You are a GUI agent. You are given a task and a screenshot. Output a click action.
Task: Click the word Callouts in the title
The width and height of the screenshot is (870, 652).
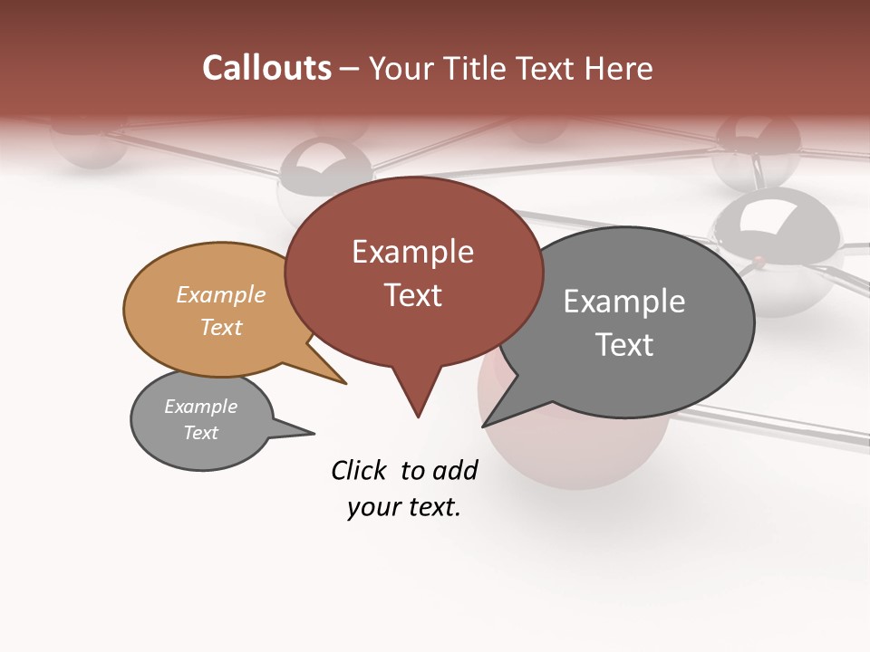click(x=266, y=68)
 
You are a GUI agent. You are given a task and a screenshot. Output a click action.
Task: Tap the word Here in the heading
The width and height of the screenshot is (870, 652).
click(x=617, y=69)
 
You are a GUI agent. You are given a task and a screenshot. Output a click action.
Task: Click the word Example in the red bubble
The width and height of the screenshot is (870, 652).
click(x=412, y=252)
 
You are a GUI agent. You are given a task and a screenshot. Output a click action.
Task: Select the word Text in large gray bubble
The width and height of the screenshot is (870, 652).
click(x=624, y=345)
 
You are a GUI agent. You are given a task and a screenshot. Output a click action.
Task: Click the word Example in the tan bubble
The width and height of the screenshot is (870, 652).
click(x=221, y=294)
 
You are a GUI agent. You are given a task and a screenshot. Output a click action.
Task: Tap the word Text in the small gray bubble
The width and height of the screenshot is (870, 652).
click(x=201, y=433)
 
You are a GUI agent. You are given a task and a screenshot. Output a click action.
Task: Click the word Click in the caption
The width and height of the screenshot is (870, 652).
click(x=360, y=470)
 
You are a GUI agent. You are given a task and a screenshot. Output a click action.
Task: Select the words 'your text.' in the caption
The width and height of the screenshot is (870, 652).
click(x=404, y=507)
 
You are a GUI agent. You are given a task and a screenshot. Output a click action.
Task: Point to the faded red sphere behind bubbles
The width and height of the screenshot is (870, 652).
click(x=571, y=453)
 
